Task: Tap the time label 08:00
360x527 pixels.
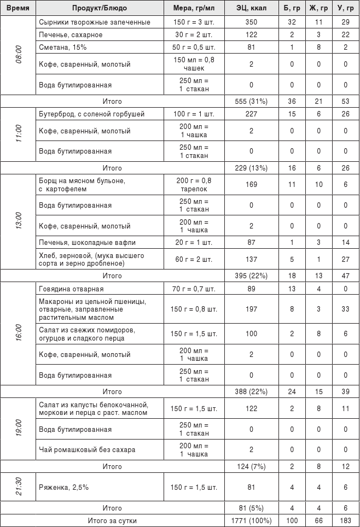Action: click(x=18, y=55)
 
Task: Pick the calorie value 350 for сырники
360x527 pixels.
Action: click(x=251, y=22)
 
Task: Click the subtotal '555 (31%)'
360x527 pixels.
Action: click(x=251, y=101)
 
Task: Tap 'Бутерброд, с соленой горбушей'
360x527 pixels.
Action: click(x=91, y=114)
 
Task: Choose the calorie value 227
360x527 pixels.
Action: click(x=251, y=114)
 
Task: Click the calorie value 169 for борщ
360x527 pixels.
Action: click(x=251, y=184)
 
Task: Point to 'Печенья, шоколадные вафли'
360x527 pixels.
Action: click(x=87, y=242)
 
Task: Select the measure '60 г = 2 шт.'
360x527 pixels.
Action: click(x=194, y=259)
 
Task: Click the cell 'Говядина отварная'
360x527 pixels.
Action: click(x=71, y=289)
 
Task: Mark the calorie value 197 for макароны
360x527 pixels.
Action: click(x=251, y=309)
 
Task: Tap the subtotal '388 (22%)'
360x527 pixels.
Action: click(x=251, y=391)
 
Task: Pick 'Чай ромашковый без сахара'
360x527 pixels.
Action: click(x=87, y=450)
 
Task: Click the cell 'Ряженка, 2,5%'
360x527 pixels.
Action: click(x=63, y=487)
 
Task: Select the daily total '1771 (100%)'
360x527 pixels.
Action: click(x=251, y=521)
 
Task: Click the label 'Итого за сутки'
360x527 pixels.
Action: click(x=112, y=521)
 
